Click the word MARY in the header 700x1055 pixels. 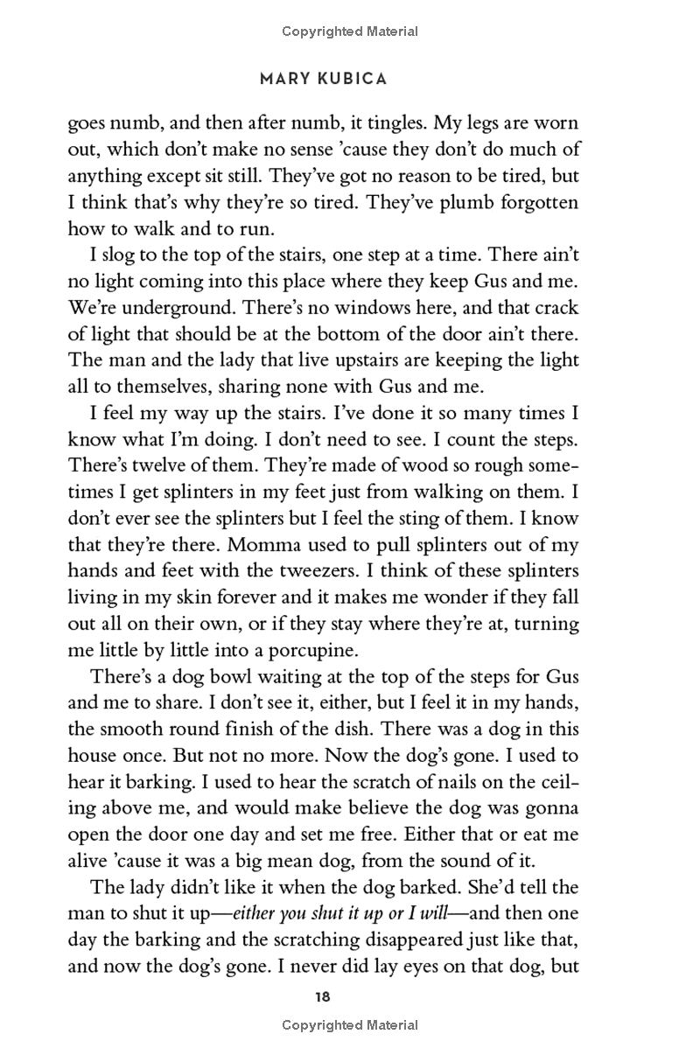coord(282,79)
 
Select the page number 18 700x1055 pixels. coord(324,996)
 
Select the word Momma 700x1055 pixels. coord(262,545)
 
